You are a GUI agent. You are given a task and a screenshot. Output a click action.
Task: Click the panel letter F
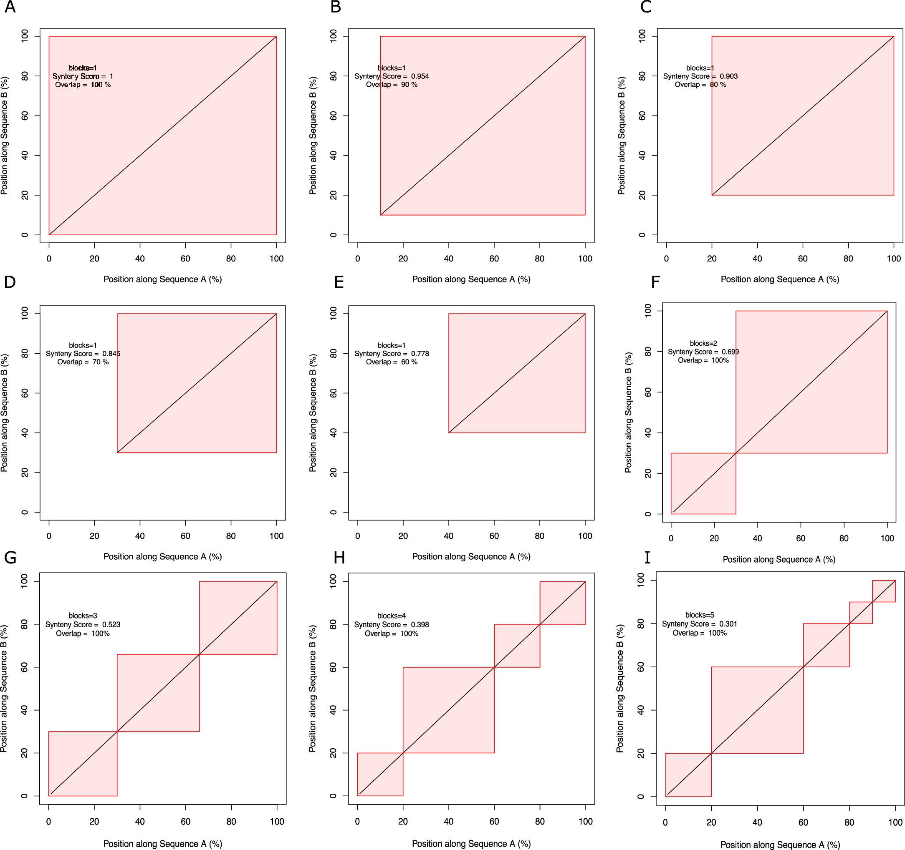pos(655,282)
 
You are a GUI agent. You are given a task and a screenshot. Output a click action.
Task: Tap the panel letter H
pos(339,558)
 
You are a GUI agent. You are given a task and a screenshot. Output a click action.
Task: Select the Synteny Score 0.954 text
pos(392,76)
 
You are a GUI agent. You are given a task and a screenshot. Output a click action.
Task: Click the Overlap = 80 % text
pos(700,85)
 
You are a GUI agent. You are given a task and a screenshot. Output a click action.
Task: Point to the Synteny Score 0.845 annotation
pos(83,354)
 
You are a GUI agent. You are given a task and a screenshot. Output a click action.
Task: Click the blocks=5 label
pos(699,615)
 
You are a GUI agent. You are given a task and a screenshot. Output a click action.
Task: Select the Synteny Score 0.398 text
pos(392,624)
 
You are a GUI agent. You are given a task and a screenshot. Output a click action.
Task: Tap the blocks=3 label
pos(83,616)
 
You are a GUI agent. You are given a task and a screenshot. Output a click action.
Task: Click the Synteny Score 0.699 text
pos(703,352)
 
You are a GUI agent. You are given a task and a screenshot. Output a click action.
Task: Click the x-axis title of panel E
pos(471,556)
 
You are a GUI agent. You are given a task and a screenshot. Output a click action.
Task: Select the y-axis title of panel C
pos(622,136)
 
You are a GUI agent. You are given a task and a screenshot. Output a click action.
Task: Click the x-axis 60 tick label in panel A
pos(185,259)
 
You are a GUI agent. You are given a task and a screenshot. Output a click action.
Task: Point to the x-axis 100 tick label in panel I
pos(895,822)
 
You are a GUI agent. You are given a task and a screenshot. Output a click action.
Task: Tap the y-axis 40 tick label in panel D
pos(24,433)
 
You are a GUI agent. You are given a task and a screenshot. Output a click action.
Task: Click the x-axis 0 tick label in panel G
pos(49,821)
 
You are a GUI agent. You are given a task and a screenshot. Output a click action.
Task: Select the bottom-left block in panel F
pos(703,483)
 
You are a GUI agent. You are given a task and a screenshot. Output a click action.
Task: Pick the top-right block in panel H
pos(562,603)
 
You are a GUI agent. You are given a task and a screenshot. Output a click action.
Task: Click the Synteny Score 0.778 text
pos(392,354)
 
